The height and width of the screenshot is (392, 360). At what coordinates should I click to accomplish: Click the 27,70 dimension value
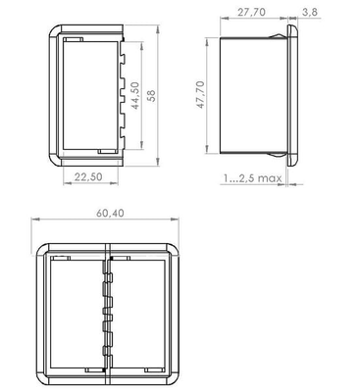point(251,12)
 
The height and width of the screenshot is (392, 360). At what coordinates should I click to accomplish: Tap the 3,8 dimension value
point(309,12)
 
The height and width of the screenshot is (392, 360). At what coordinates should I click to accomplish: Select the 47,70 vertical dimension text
point(200,95)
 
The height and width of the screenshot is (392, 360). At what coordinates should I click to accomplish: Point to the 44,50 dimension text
point(134,95)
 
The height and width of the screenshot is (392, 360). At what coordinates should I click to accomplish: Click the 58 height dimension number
point(151,95)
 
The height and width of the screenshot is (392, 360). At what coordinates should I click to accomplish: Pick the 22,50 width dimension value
point(88,176)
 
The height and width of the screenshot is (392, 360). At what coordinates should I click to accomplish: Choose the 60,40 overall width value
point(110,213)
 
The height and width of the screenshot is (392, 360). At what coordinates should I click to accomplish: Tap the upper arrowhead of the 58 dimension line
point(158,29)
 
